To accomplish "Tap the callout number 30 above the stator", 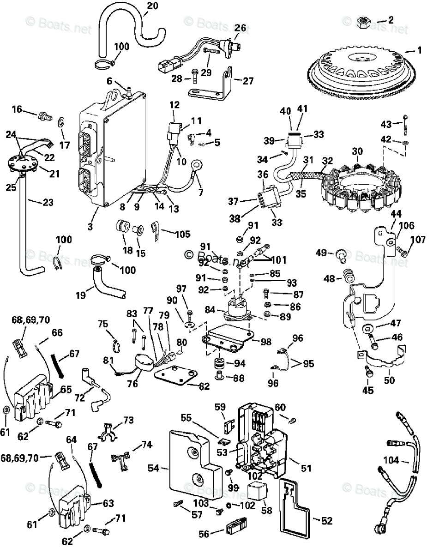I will [x=357, y=151].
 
